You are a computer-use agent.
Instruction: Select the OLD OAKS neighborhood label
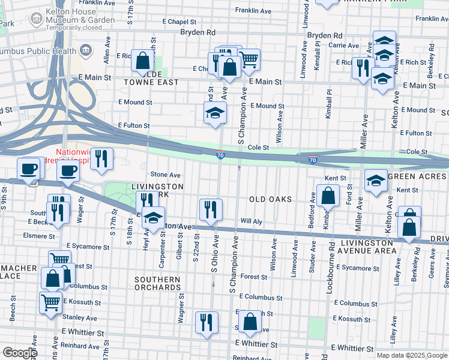click(x=270, y=199)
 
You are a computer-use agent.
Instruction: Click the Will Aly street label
click(x=252, y=221)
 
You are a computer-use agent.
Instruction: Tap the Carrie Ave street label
click(x=343, y=46)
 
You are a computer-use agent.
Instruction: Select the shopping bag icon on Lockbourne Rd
click(x=329, y=196)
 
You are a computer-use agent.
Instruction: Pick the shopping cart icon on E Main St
click(x=249, y=59)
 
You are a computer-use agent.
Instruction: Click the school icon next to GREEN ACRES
click(x=376, y=180)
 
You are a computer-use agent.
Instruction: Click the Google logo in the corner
click(x=19, y=353)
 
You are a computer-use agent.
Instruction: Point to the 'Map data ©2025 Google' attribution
click(x=411, y=355)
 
